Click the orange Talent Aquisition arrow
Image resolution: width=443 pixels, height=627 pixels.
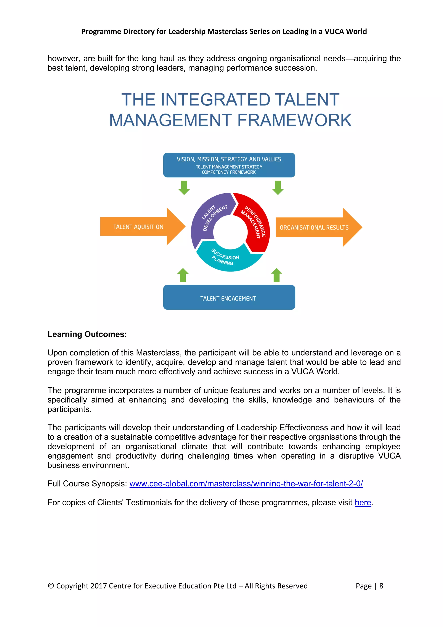[139, 227]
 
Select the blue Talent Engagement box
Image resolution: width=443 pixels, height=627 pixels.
[229, 297]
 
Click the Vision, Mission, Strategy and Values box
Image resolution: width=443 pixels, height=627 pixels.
[229, 165]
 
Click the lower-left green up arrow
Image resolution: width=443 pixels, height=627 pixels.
[183, 275]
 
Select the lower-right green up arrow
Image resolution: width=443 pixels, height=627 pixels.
[277, 275]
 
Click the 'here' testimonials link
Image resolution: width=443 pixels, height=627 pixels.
[363, 503]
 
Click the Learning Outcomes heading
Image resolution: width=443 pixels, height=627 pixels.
[87, 334]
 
